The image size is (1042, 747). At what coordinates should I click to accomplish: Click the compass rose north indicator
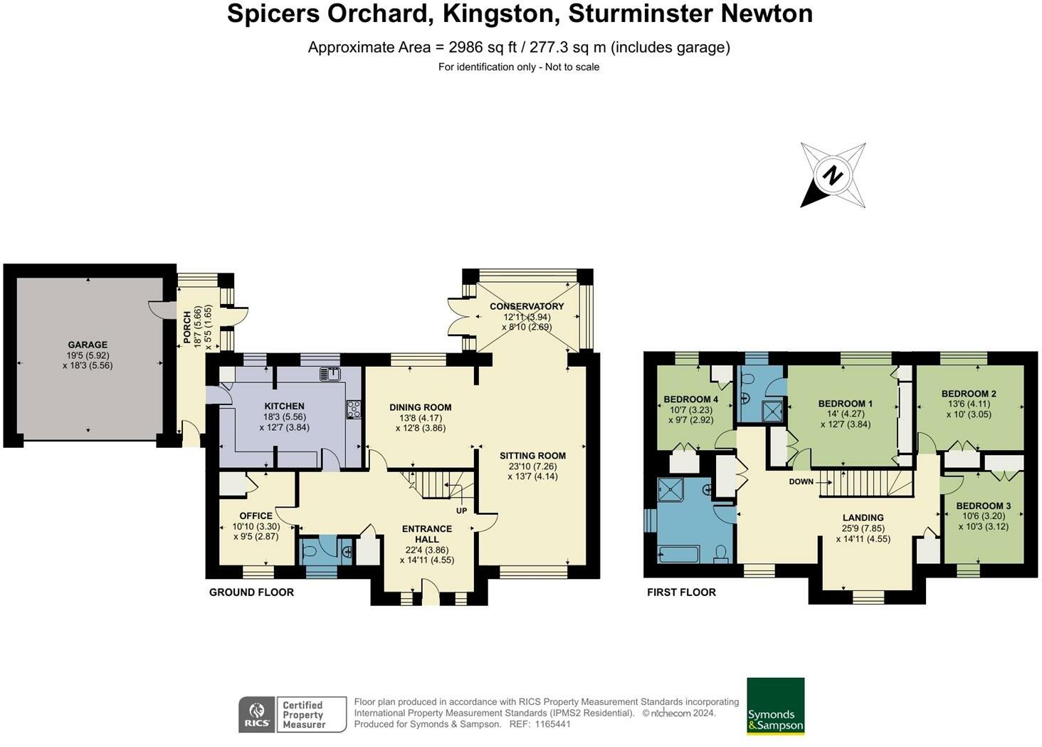pyautogui.click(x=832, y=175)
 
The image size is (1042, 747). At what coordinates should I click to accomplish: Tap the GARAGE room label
pyautogui.click(x=88, y=345)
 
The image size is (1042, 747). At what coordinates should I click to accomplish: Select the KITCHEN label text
pyautogui.click(x=285, y=407)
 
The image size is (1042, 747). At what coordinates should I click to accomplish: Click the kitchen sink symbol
pyautogui.click(x=330, y=374)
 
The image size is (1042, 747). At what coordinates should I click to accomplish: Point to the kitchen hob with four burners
pyautogui.click(x=354, y=409)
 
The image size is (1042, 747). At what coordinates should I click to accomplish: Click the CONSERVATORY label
pyautogui.click(x=526, y=306)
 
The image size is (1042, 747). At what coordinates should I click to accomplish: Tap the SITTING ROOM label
pyautogui.click(x=532, y=456)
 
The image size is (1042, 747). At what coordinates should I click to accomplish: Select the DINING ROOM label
pyautogui.click(x=420, y=407)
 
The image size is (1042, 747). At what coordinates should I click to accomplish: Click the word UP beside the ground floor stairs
pyautogui.click(x=461, y=511)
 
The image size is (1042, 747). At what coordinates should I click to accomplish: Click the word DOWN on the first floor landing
pyautogui.click(x=801, y=482)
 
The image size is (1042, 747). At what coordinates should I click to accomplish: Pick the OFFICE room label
pyautogui.click(x=256, y=516)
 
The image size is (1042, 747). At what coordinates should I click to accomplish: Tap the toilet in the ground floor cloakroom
pyautogui.click(x=311, y=552)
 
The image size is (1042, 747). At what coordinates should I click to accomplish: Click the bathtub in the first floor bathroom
pyautogui.click(x=683, y=553)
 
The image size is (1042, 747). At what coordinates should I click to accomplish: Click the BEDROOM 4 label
pyautogui.click(x=690, y=399)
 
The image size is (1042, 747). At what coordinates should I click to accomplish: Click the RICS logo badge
pyautogui.click(x=258, y=714)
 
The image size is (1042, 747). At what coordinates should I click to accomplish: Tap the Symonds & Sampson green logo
pyautogui.click(x=775, y=706)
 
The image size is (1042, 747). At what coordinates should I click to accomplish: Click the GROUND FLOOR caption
pyautogui.click(x=251, y=592)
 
